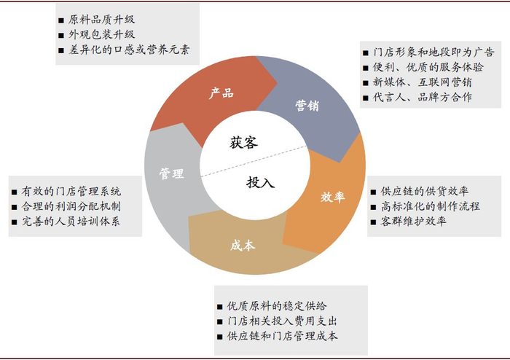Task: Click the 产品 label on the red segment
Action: click(221, 93)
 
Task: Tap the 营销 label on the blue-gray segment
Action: click(307, 105)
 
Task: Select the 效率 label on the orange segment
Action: click(332, 197)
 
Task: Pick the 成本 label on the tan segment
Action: click(243, 245)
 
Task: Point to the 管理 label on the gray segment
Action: click(171, 173)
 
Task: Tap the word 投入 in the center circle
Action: click(260, 182)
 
